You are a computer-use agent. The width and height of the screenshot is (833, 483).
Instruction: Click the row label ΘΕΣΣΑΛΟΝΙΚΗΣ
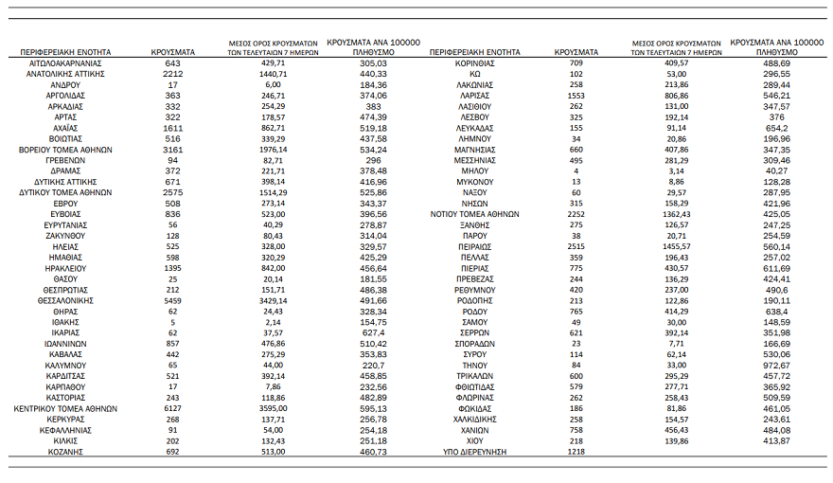click(x=64, y=299)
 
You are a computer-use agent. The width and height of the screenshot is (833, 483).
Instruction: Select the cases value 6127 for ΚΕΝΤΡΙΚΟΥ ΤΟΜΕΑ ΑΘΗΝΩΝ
click(x=172, y=408)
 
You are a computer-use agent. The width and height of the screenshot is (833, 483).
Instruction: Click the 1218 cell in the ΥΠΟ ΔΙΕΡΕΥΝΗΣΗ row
click(x=576, y=452)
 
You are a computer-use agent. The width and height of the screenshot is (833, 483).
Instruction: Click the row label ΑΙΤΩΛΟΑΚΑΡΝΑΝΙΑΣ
click(x=64, y=63)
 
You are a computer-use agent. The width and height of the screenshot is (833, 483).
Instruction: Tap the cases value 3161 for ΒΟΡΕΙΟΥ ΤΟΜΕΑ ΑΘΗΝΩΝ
click(x=172, y=149)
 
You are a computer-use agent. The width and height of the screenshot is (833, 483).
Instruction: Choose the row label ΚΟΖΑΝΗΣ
click(x=64, y=452)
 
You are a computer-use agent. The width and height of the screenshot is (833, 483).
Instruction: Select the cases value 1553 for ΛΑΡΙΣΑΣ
click(x=576, y=95)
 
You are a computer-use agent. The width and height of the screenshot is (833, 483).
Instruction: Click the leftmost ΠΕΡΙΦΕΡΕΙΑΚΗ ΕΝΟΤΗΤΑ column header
click(x=64, y=52)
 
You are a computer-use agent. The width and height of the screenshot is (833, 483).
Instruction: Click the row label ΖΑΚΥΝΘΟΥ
click(x=64, y=235)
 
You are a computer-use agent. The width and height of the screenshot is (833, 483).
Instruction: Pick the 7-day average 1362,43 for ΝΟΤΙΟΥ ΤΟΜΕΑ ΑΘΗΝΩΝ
click(x=676, y=213)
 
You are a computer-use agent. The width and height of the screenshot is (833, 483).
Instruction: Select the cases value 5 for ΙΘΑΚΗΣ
click(x=172, y=321)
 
